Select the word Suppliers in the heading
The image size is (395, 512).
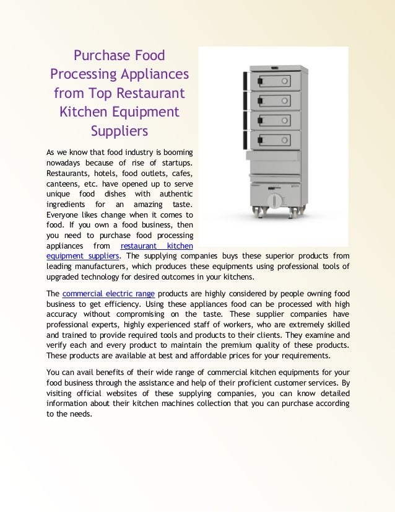coord(119,131)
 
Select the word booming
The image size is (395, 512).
coord(178,152)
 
